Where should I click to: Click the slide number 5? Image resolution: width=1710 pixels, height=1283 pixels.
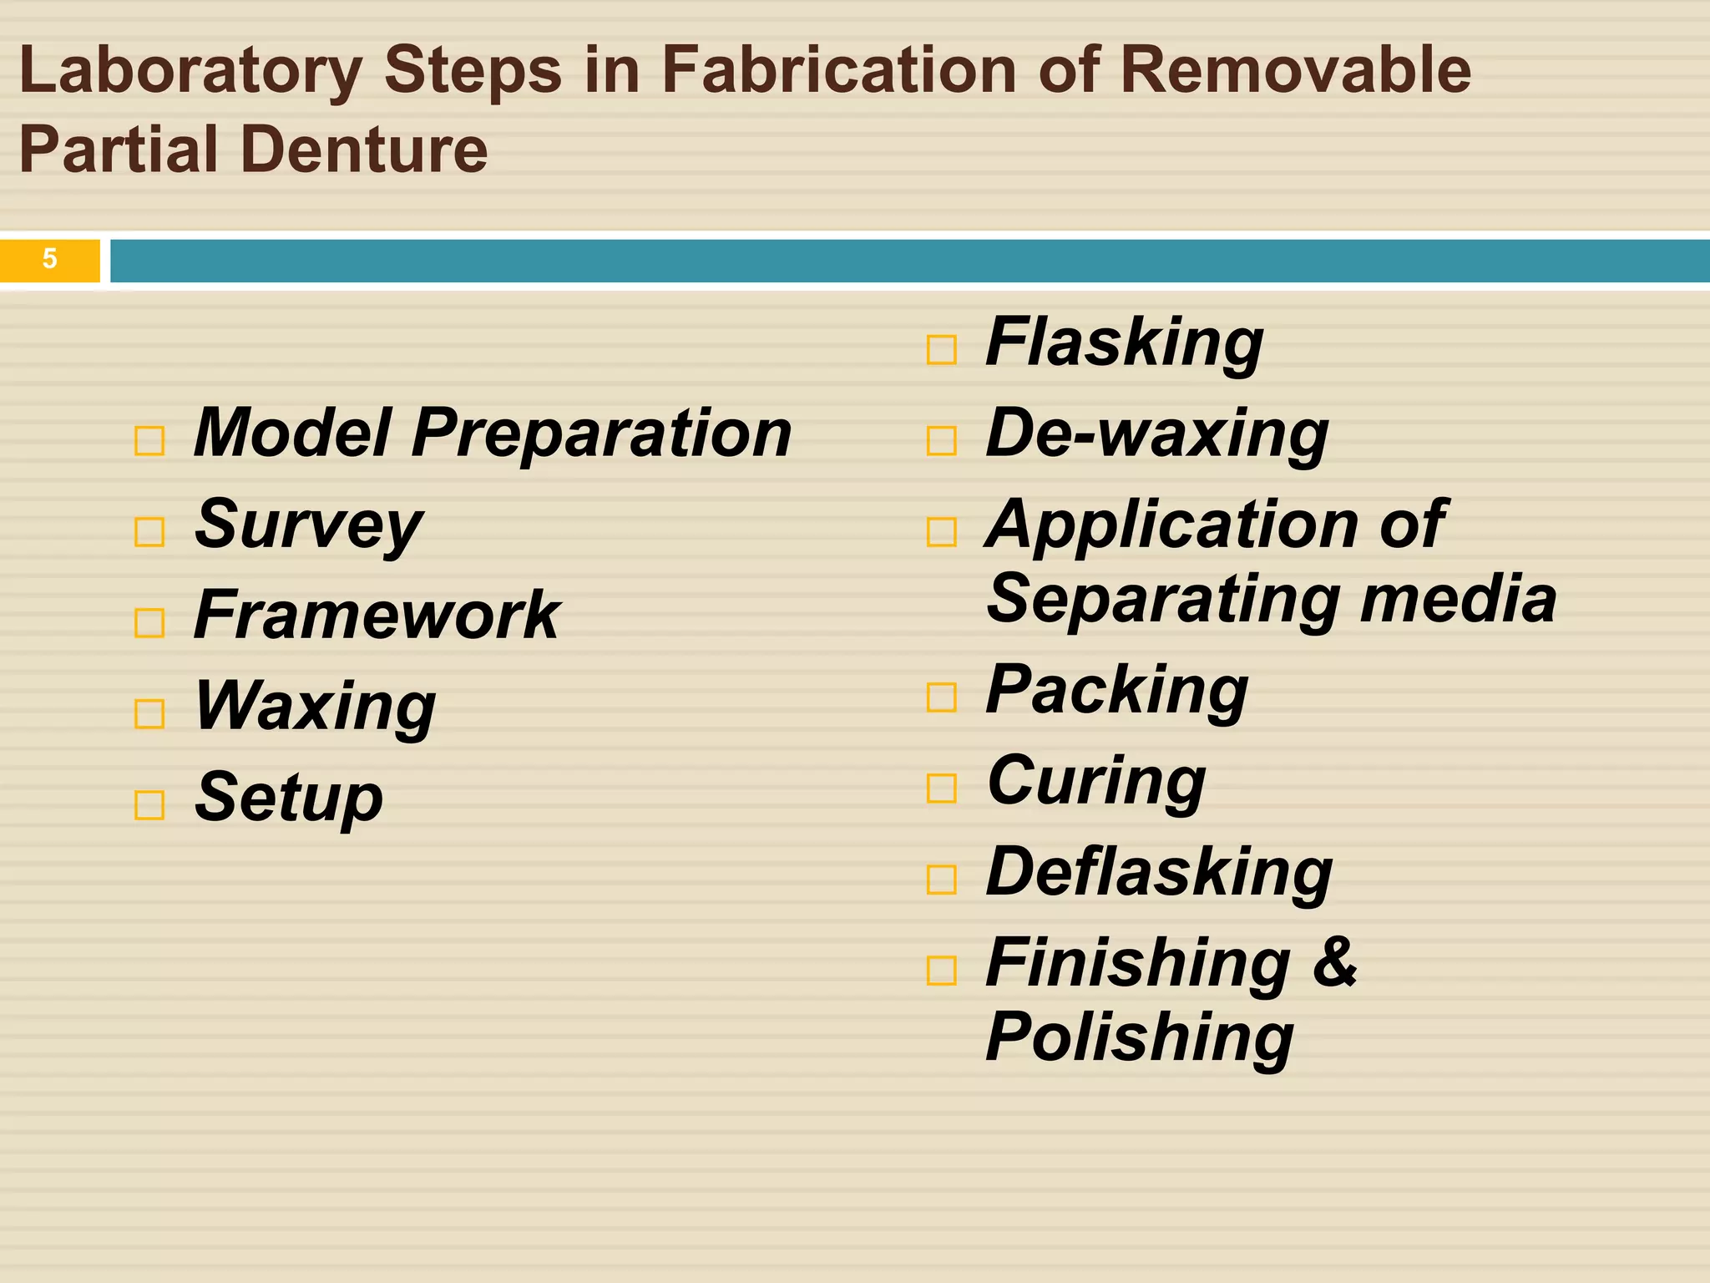coord(50,259)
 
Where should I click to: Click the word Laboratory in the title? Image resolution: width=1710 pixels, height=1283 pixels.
coord(190,72)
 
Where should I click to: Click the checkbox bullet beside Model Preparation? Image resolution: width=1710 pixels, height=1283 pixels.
coord(149,440)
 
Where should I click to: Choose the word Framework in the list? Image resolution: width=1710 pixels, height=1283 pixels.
coord(377,616)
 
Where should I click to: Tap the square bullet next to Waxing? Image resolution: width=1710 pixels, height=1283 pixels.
coord(149,713)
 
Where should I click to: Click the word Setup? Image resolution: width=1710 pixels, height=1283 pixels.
coord(289,799)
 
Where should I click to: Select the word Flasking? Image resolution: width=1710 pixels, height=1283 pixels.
coord(1124,343)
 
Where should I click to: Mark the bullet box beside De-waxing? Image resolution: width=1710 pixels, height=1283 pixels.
coord(942,440)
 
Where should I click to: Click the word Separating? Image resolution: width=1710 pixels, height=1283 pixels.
coord(1162,600)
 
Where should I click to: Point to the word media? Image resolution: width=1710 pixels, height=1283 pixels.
coord(1458,600)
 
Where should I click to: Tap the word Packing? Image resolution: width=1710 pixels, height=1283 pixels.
coord(1117,692)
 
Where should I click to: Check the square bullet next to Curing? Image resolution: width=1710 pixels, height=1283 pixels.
coord(942,788)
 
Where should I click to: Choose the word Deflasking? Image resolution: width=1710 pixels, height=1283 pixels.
coord(1159,874)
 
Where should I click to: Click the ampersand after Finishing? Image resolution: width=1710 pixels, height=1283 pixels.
coord(1334,962)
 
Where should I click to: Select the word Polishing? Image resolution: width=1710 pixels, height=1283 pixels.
coord(1140,1038)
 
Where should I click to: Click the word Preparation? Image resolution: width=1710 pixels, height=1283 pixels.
coord(601,434)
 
